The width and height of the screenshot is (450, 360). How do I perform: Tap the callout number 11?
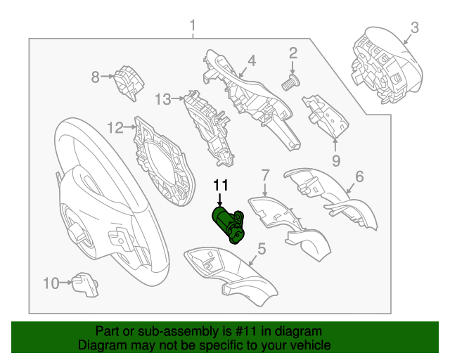click(221, 186)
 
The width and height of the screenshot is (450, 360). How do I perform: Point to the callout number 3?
click(415, 27)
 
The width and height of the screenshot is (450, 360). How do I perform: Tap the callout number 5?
click(261, 247)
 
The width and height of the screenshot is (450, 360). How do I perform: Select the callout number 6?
click(359, 176)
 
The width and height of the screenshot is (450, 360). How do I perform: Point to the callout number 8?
click(96, 77)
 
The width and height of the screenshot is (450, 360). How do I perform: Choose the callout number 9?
click(335, 161)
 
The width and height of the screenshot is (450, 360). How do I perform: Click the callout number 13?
click(163, 99)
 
